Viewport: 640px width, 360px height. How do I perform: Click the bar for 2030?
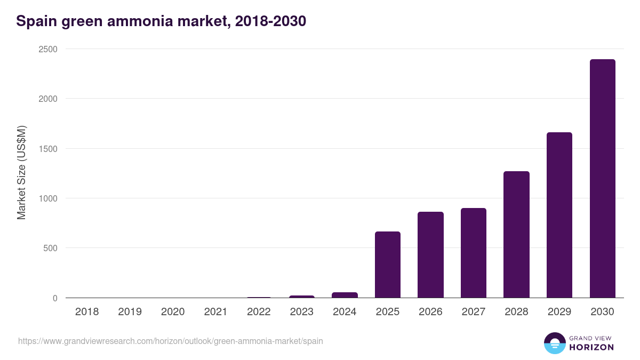pos(602,179)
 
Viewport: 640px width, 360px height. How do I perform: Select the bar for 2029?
pos(559,215)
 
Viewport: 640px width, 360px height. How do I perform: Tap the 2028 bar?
pos(516,235)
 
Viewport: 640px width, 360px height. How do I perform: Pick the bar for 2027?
pos(474,253)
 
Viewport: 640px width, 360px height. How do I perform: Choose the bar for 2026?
pos(430,255)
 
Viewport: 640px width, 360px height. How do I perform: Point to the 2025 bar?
pos(388,265)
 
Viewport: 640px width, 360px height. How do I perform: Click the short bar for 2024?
pos(345,295)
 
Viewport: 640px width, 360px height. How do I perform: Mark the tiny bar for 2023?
pos(302,297)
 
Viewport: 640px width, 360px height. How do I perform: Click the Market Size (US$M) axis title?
pos(21,173)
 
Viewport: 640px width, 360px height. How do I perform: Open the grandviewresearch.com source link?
pos(171,341)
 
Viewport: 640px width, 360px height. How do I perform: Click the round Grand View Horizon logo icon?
pos(555,343)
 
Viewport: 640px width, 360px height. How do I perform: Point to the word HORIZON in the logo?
pos(591,347)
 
